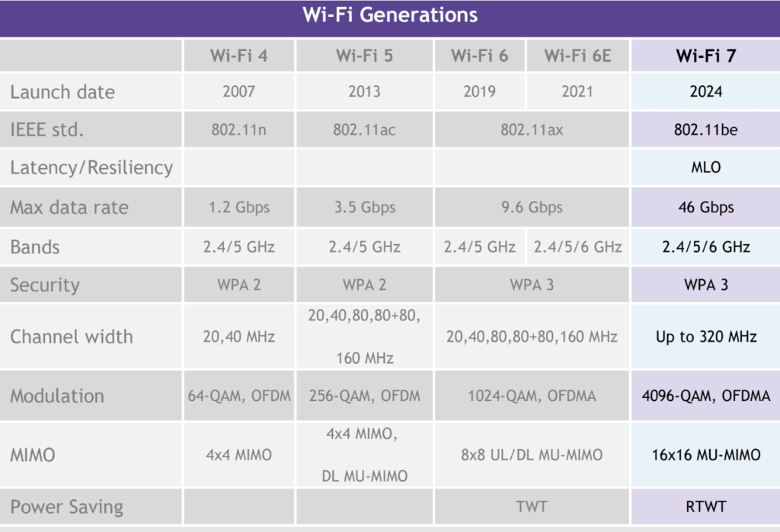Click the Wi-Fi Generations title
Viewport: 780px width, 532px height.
(x=390, y=15)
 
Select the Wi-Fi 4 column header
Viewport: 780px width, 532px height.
(x=238, y=56)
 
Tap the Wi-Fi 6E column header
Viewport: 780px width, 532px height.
(x=577, y=56)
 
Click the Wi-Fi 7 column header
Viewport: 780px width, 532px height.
(x=706, y=56)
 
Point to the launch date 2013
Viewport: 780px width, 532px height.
(x=364, y=91)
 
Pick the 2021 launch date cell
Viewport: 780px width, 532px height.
(x=577, y=91)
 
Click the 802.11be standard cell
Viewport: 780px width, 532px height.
(x=706, y=130)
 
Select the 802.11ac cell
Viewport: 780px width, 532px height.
(x=364, y=130)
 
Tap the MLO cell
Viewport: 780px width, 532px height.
(x=706, y=167)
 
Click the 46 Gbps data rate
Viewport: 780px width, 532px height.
(x=706, y=207)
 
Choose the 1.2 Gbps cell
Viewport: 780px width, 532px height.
(x=238, y=207)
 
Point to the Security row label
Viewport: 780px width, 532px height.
(x=45, y=285)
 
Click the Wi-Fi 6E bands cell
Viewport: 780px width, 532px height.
(x=577, y=247)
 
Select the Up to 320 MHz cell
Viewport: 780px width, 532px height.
(x=706, y=336)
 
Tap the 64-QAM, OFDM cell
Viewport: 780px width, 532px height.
(x=238, y=396)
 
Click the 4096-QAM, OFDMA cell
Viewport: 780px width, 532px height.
(x=706, y=396)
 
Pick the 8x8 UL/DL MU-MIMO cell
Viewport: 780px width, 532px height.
(x=531, y=455)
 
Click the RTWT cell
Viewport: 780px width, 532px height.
(x=706, y=507)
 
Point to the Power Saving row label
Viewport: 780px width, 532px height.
(x=67, y=507)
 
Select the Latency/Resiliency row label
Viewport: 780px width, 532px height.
(x=91, y=167)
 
